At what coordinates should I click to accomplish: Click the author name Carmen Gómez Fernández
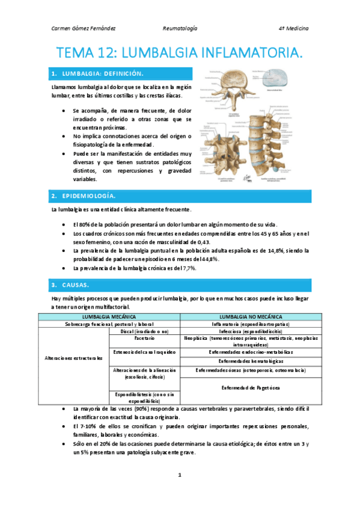click(x=84, y=28)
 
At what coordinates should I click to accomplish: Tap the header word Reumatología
click(x=180, y=28)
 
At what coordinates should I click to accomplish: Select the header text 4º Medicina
click(x=293, y=28)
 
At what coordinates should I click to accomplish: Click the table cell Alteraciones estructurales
click(x=74, y=358)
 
